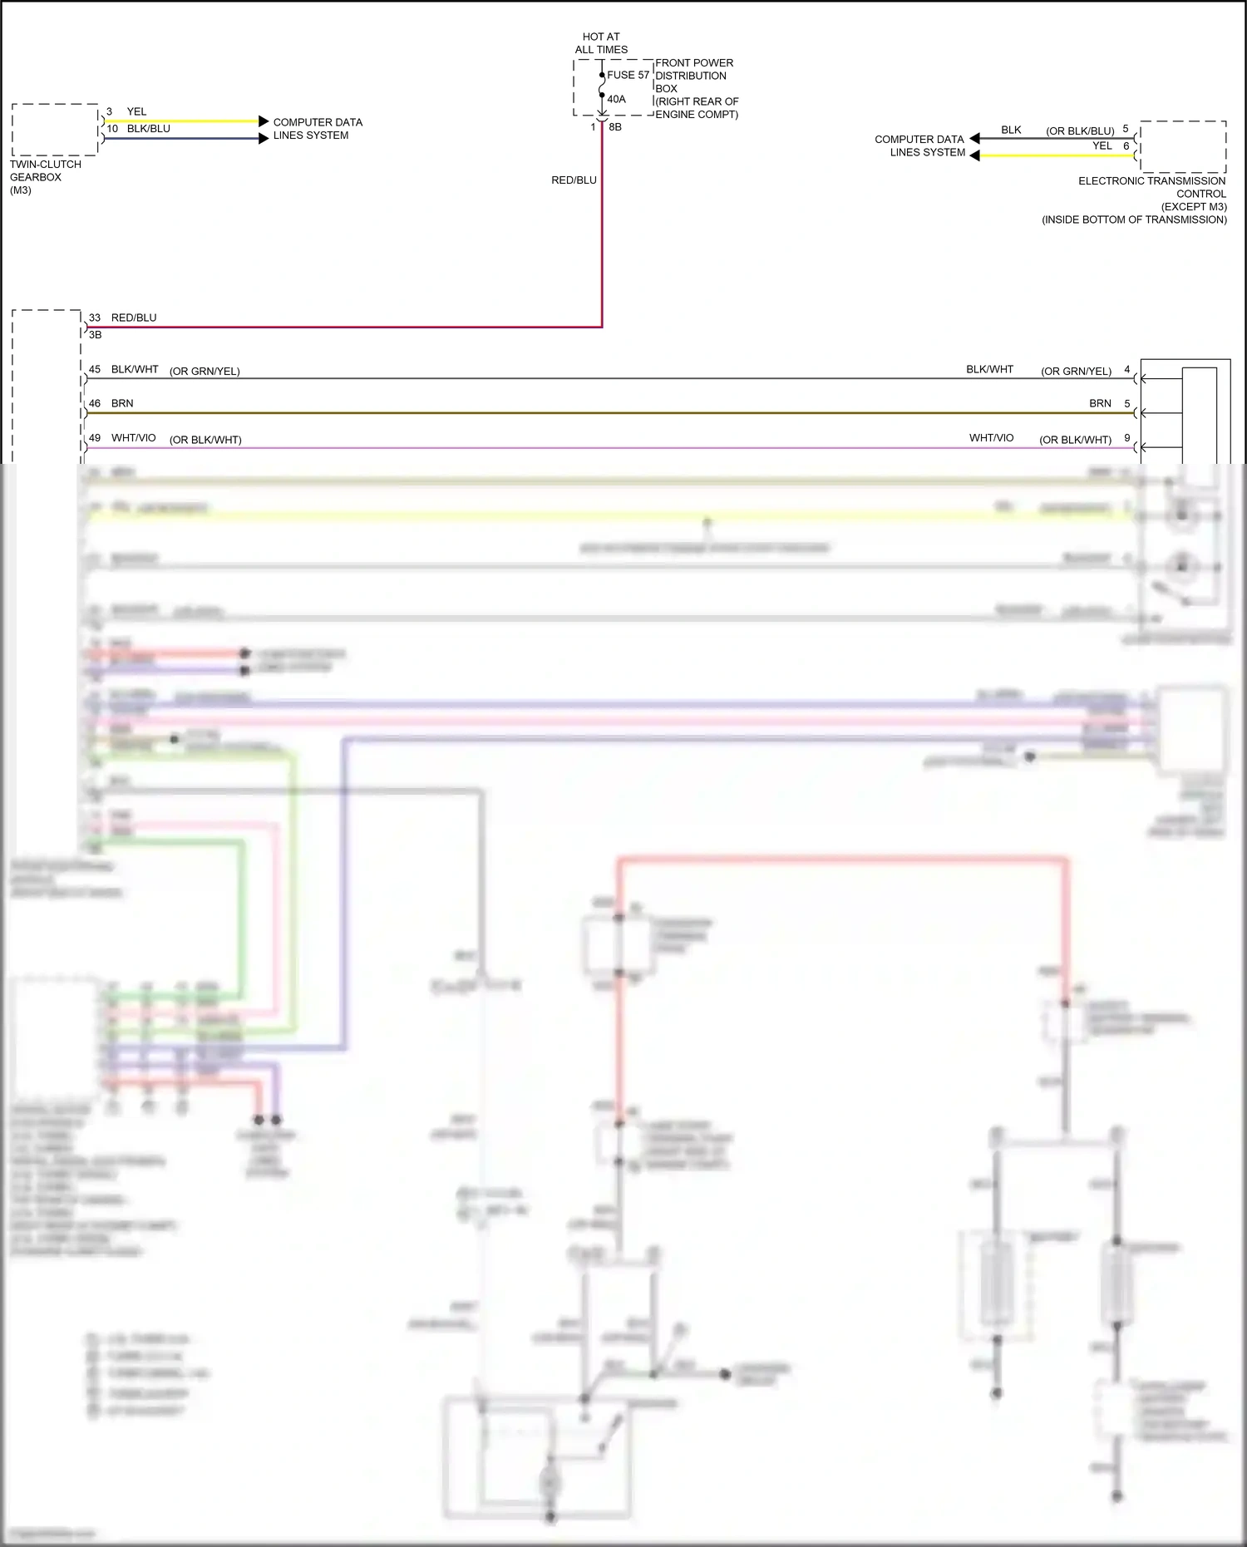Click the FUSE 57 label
(628, 75)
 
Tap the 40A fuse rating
(616, 99)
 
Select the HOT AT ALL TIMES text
(601, 43)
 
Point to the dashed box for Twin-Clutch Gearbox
(55, 130)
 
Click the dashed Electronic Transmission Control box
(1183, 146)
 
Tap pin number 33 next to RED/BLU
(95, 318)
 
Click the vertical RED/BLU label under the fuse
(574, 180)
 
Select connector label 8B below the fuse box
(615, 127)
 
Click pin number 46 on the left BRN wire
(95, 403)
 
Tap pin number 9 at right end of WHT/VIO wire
(1127, 438)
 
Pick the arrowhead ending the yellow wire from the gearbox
(264, 121)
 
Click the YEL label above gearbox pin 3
(136, 111)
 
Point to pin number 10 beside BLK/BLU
(112, 129)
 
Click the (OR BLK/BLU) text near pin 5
(1080, 131)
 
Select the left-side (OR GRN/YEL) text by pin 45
(205, 372)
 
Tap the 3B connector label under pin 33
(96, 335)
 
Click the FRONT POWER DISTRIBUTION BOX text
(694, 76)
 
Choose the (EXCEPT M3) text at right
(1194, 207)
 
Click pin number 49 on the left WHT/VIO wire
(95, 438)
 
